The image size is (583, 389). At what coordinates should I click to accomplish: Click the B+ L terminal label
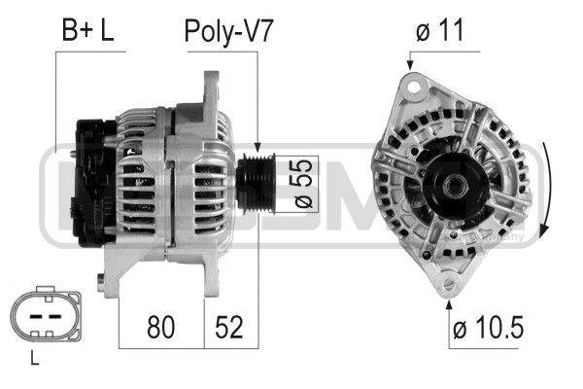pyautogui.click(x=88, y=30)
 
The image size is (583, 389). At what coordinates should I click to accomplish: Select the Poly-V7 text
pyautogui.click(x=229, y=30)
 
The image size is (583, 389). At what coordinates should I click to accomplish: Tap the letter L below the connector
pyautogui.click(x=35, y=360)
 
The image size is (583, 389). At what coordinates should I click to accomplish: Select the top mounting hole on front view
pyautogui.click(x=412, y=86)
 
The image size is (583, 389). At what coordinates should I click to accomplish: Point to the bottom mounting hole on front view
pyautogui.click(x=448, y=284)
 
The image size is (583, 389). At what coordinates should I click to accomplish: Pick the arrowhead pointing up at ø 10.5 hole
pyautogui.click(x=448, y=305)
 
